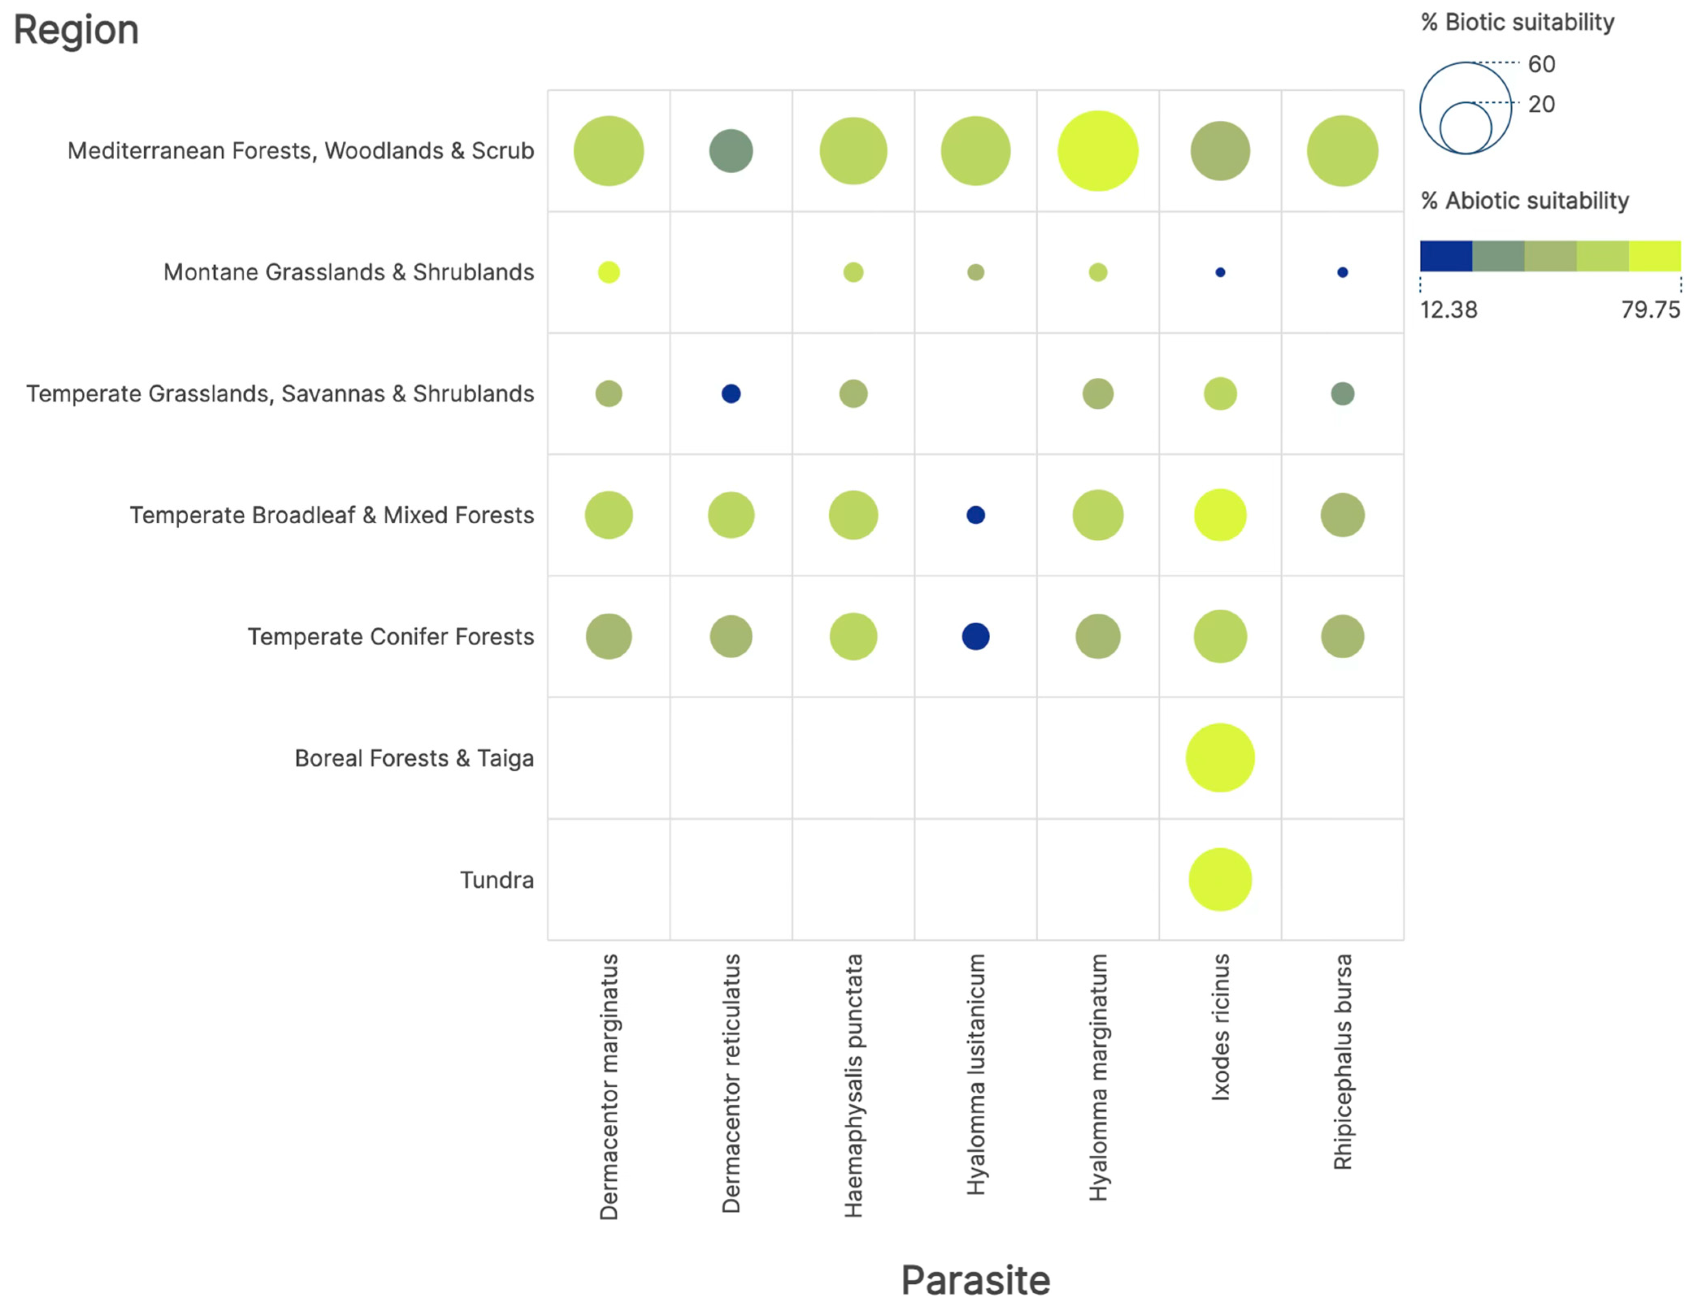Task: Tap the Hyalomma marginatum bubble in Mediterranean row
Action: (1097, 150)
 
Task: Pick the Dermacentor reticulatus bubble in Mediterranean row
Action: (730, 150)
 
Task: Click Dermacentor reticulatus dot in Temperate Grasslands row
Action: (730, 394)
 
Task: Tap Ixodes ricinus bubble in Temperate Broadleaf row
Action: (1219, 515)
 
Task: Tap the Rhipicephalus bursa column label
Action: (1342, 1061)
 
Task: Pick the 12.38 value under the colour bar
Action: (1448, 310)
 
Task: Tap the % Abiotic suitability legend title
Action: (1524, 200)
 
